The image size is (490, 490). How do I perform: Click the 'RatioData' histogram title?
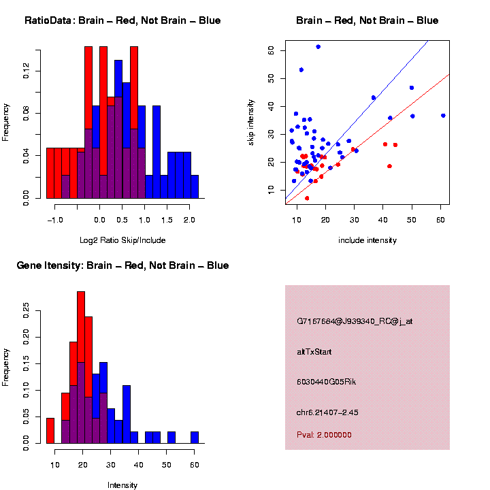click(x=122, y=20)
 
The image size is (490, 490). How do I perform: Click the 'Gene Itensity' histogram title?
click(x=122, y=265)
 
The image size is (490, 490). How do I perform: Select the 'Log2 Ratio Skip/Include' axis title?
click(x=122, y=240)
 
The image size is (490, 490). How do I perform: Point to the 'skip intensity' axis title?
click(x=251, y=122)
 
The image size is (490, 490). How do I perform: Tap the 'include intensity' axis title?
click(x=367, y=240)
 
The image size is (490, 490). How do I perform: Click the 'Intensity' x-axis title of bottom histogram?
click(x=122, y=485)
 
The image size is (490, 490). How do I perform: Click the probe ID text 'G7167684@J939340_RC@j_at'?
click(x=355, y=321)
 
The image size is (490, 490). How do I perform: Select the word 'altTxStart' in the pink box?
click(x=314, y=352)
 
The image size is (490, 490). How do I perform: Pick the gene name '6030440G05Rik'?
click(x=326, y=382)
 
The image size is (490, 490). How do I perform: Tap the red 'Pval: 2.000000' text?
click(x=324, y=434)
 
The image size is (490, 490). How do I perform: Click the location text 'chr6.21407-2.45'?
click(x=331, y=412)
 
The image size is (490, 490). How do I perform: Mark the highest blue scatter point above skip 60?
click(x=318, y=46)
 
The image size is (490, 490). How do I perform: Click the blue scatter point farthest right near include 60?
click(x=443, y=116)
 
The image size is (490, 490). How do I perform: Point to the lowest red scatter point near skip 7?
click(x=307, y=198)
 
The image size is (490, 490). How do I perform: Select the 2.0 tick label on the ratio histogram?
click(x=189, y=220)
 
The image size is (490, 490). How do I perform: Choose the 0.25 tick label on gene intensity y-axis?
click(x=27, y=312)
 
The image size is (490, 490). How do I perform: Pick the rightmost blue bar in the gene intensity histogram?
click(x=195, y=438)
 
